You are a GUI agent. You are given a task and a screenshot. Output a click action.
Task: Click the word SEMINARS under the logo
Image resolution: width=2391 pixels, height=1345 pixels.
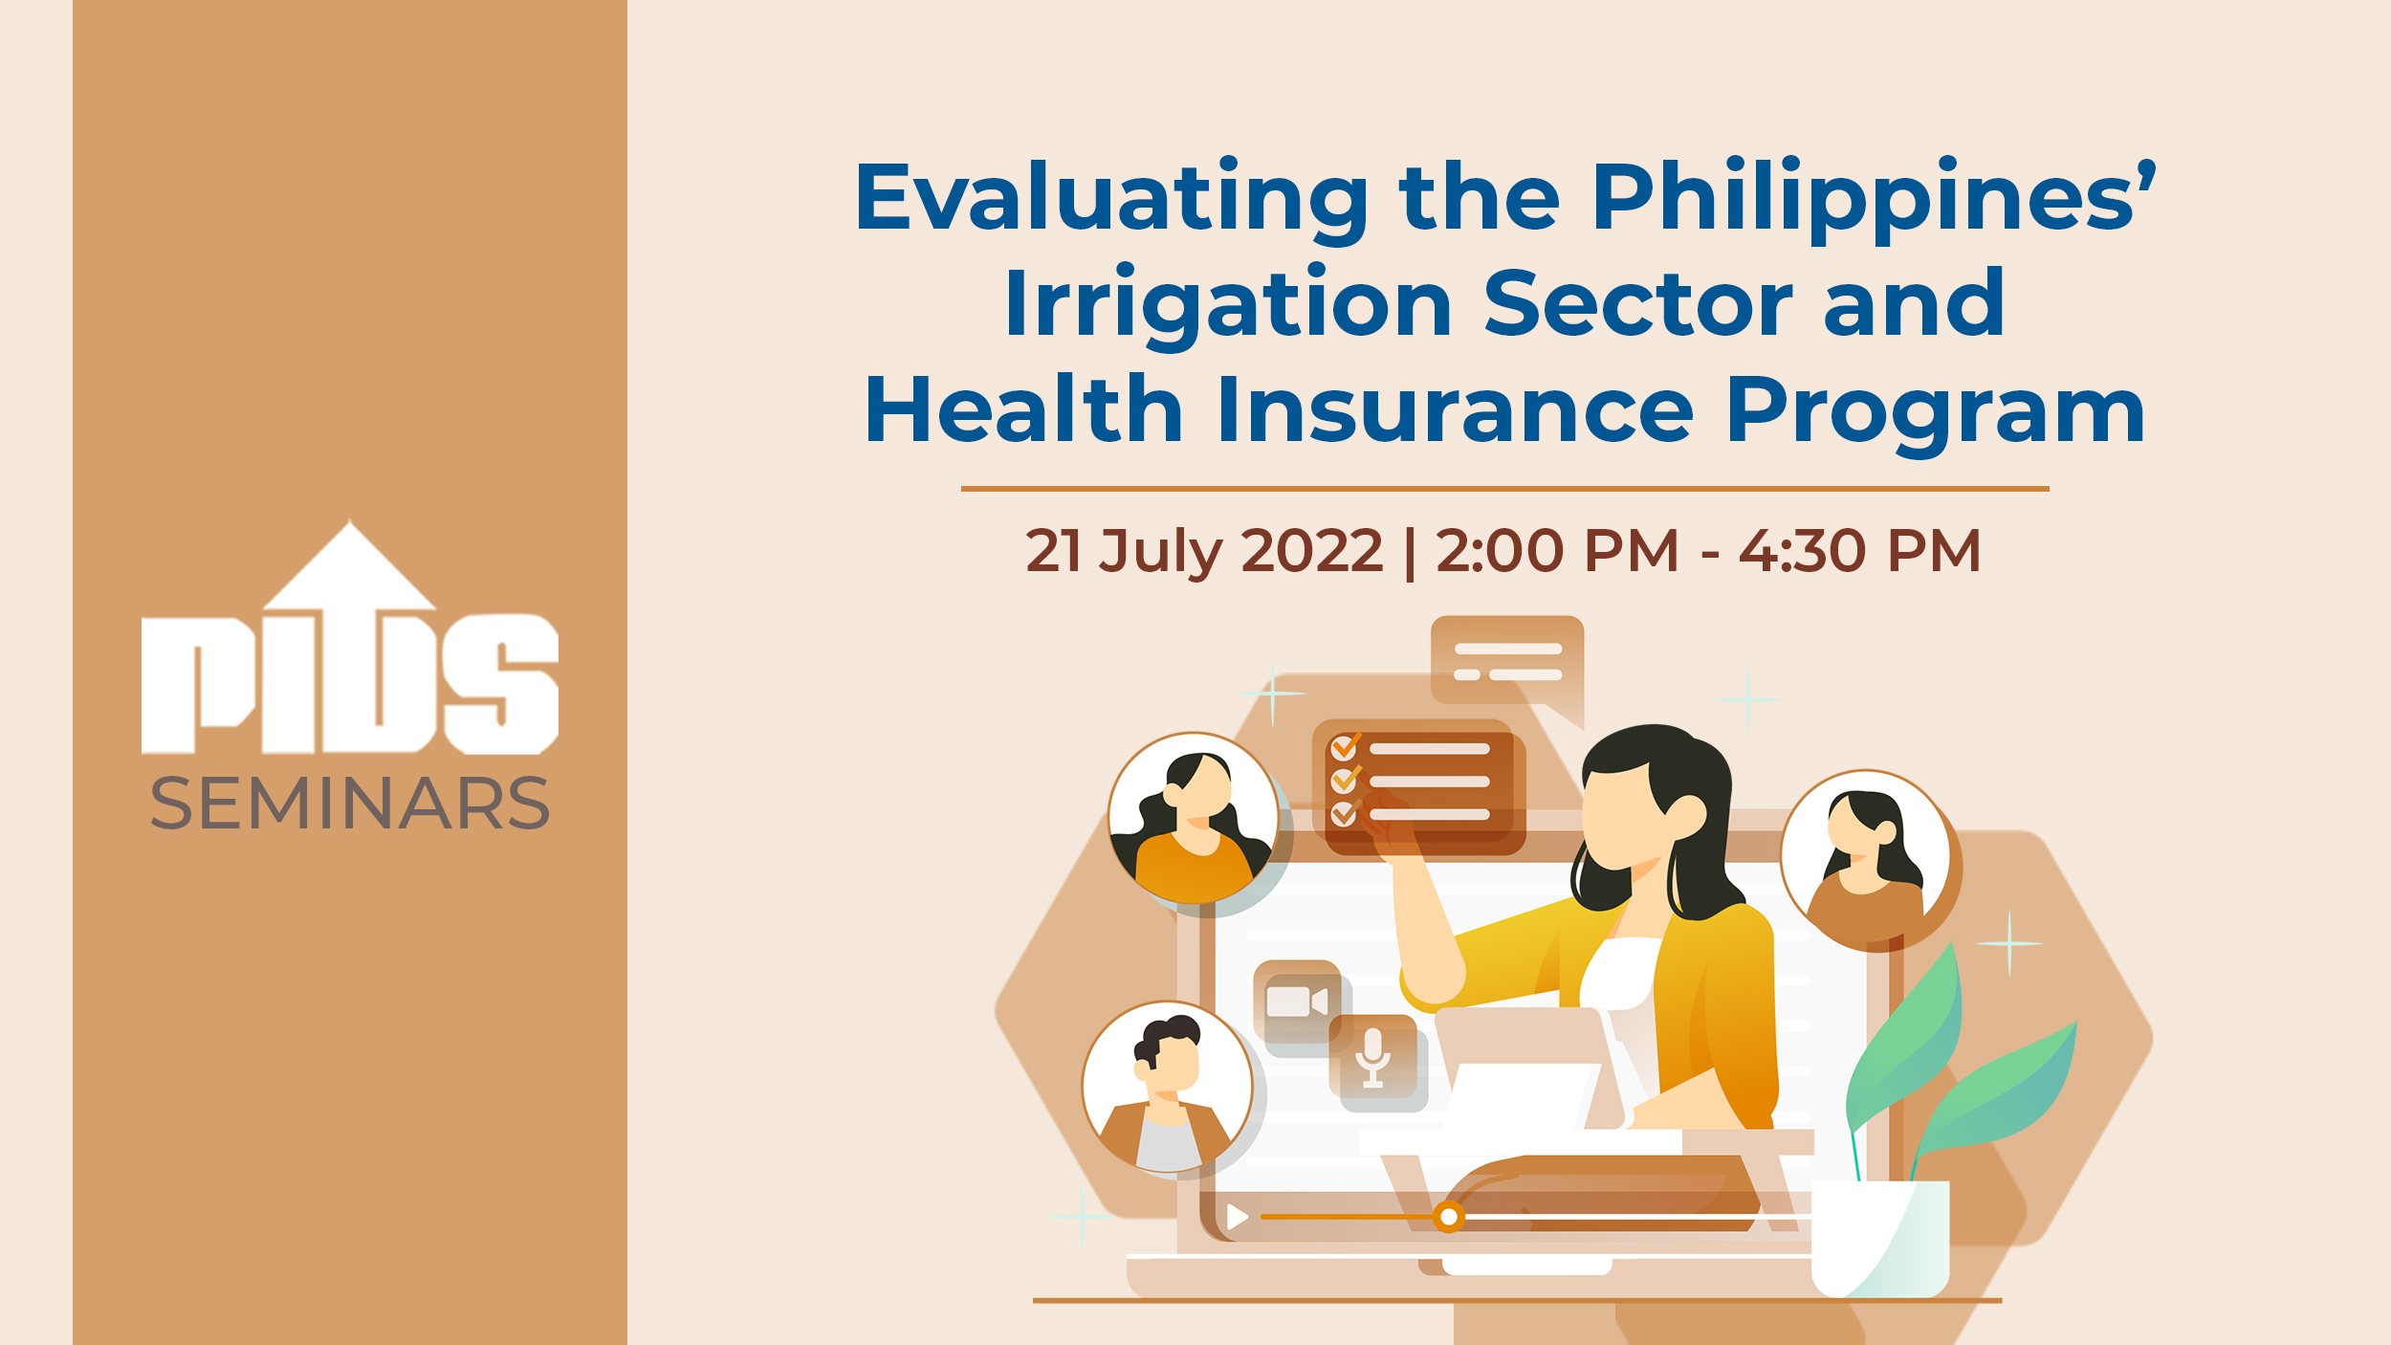point(350,803)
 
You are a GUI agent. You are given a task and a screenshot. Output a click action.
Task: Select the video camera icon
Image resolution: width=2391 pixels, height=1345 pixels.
point(1297,1002)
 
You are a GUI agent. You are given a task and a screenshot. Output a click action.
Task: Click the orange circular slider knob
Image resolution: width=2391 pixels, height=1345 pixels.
point(1449,1217)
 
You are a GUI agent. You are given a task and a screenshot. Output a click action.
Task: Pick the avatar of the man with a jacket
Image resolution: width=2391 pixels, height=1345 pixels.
point(1167,1087)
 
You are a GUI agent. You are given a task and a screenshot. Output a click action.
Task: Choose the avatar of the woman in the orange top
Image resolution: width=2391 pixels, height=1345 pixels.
point(1194,818)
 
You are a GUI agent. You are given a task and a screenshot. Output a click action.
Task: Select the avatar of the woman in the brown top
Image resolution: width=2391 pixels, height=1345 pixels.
point(1865,856)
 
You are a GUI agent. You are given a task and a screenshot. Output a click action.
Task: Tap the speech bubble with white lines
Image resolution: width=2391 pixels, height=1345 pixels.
point(1507,666)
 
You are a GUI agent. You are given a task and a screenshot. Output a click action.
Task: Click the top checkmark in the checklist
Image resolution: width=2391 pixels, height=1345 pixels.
point(1346,746)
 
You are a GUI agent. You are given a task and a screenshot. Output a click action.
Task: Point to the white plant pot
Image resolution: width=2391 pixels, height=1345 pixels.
point(1880,1239)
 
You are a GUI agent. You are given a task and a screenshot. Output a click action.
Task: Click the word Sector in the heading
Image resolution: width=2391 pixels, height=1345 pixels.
point(1638,304)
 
